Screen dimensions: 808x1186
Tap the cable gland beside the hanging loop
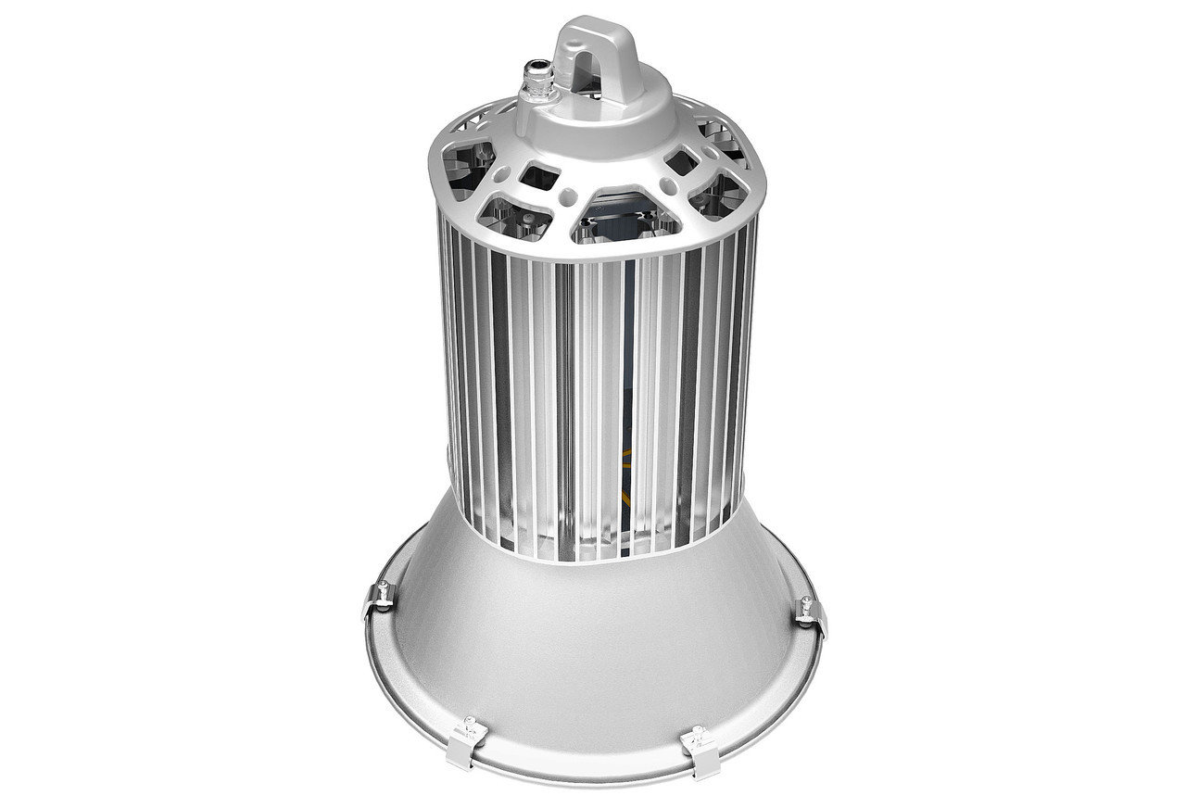pyautogui.click(x=538, y=78)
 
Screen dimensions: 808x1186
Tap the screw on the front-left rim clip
pyautogui.click(x=472, y=720)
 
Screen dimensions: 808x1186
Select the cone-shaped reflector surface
pyautogui.click(x=593, y=649)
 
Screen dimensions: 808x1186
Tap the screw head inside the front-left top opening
pyautogui.click(x=526, y=215)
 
